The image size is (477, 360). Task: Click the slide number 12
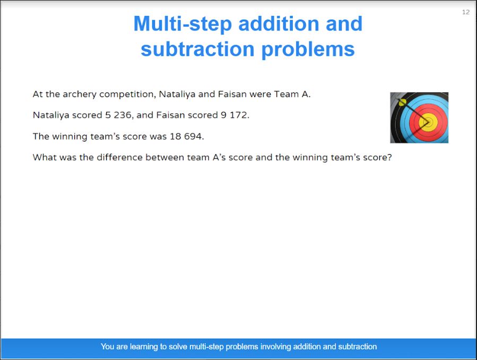466,12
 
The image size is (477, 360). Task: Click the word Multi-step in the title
183,24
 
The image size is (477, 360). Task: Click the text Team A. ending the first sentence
292,94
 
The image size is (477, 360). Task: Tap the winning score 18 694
186,136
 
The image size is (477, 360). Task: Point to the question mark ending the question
389,157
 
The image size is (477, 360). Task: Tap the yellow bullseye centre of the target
428,122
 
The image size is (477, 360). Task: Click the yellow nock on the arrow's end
403,102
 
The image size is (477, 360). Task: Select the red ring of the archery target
413,122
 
